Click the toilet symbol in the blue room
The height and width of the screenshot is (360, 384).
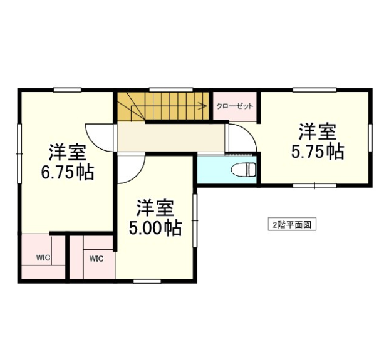tap(244, 169)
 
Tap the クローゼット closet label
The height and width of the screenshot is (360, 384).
tap(235, 106)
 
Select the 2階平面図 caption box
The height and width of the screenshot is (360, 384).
tap(292, 224)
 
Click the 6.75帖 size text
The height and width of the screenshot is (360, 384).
tap(67, 173)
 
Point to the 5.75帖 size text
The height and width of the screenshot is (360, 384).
tap(318, 152)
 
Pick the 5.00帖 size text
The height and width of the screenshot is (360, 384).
tap(155, 228)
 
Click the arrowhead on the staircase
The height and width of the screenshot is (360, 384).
tap(202, 106)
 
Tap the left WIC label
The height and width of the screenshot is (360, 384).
tap(43, 258)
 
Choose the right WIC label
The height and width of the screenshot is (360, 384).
tap(96, 259)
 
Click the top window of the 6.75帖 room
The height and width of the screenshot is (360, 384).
tap(68, 90)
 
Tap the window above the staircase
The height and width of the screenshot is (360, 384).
tap(171, 90)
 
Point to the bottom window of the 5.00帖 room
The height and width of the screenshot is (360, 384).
tap(147, 282)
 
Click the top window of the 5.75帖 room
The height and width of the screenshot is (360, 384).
tap(314, 90)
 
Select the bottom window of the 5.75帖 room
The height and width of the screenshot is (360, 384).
tap(314, 186)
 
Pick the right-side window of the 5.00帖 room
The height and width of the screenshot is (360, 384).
tap(195, 220)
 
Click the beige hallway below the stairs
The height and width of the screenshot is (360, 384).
tap(171, 137)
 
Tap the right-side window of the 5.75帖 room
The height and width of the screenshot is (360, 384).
tap(370, 138)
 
